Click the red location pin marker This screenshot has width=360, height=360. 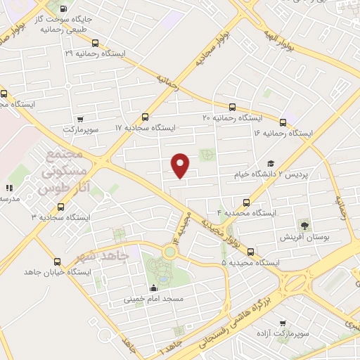click(181, 165)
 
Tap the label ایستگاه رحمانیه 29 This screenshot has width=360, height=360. click(95, 53)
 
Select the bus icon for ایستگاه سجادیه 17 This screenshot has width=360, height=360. click(146, 117)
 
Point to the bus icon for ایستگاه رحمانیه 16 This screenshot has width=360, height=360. click(283, 121)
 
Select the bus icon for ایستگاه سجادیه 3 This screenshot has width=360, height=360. click(60, 207)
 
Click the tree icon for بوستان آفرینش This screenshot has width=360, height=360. click(304, 226)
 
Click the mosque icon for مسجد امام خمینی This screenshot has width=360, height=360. click(153, 288)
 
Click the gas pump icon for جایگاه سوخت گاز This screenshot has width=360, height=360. click(65, 9)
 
